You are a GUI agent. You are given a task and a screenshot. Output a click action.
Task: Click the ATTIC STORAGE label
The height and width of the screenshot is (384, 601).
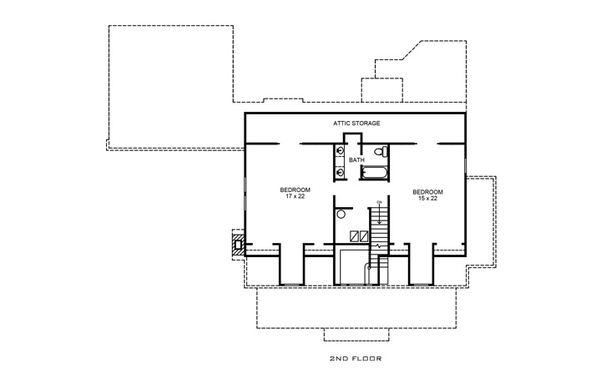click(x=356, y=124)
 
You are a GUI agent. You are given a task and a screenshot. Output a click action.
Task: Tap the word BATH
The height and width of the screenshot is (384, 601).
click(x=356, y=159)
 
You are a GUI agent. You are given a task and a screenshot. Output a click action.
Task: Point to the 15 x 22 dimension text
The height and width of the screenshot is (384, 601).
click(x=427, y=198)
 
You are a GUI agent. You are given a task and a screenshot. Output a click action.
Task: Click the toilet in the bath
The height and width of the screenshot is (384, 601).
click(x=380, y=152)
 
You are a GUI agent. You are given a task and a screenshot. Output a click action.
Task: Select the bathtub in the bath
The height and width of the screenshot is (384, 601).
click(x=376, y=173)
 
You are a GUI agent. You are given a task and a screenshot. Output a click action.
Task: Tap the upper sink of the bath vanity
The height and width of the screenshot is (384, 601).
click(x=341, y=151)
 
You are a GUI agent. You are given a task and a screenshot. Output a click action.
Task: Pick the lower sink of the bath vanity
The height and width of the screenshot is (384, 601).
click(x=341, y=172)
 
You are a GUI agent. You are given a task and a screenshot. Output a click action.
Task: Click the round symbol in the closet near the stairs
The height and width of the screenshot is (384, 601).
click(x=341, y=215)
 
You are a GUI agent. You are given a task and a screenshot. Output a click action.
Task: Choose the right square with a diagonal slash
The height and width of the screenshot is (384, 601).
click(x=364, y=235)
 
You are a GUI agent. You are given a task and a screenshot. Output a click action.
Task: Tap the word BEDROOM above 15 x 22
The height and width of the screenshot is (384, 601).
click(x=427, y=191)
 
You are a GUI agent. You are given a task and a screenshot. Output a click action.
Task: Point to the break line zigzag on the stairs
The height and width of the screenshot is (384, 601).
click(x=381, y=247)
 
